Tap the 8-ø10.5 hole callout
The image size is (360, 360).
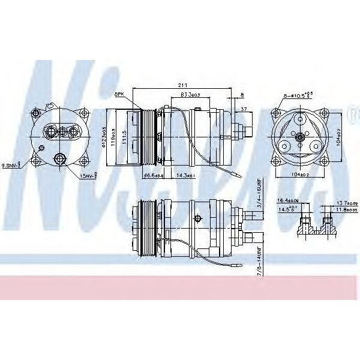click(299, 95)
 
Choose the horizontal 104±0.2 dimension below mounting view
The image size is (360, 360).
click(298, 175)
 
